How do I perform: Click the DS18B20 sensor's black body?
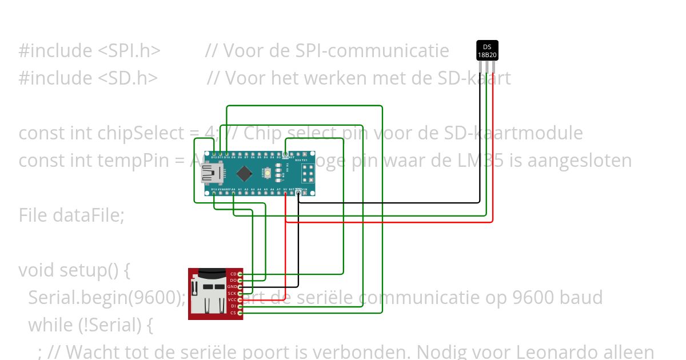tap(487, 50)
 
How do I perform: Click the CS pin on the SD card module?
tap(241, 313)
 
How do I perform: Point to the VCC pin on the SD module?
tap(241, 299)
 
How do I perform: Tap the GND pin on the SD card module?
tap(241, 287)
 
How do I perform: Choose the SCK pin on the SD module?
tap(241, 293)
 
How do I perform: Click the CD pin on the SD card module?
tap(241, 274)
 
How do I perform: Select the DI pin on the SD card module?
tap(241, 306)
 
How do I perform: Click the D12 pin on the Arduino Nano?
tap(214, 154)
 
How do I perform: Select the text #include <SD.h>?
tap(88, 78)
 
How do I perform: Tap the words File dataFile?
tap(71, 215)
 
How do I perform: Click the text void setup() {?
tap(74, 270)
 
